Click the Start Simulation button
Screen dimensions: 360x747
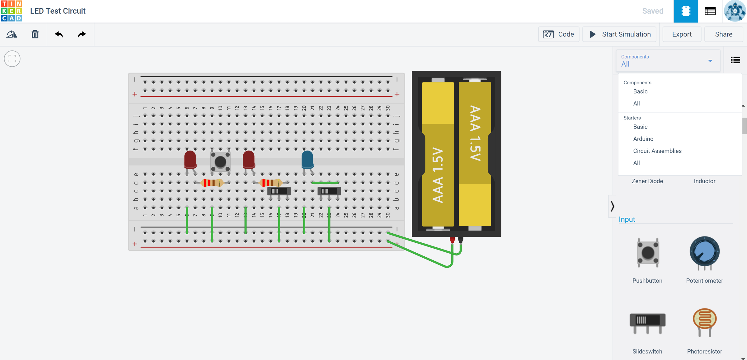pos(619,34)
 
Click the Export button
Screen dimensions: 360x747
pos(682,34)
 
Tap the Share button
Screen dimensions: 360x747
pos(723,34)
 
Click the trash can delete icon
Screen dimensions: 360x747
pos(35,34)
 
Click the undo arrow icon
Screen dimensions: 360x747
pos(59,34)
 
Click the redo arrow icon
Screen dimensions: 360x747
pos(82,34)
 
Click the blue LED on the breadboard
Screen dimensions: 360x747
pos(307,160)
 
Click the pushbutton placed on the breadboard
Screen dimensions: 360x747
pos(220,162)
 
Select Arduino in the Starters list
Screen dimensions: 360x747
pos(643,139)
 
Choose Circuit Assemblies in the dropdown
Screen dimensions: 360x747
pos(657,151)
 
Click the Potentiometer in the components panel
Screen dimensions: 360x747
pos(704,253)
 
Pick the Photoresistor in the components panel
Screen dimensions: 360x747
pos(704,322)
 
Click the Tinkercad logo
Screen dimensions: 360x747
pos(12,11)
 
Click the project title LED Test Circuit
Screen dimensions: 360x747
pos(58,11)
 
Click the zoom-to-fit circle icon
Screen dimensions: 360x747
pos(12,58)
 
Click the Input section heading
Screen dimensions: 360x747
pos(627,219)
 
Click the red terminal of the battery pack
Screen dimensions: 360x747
pos(452,240)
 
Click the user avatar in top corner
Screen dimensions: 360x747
pos(735,11)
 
